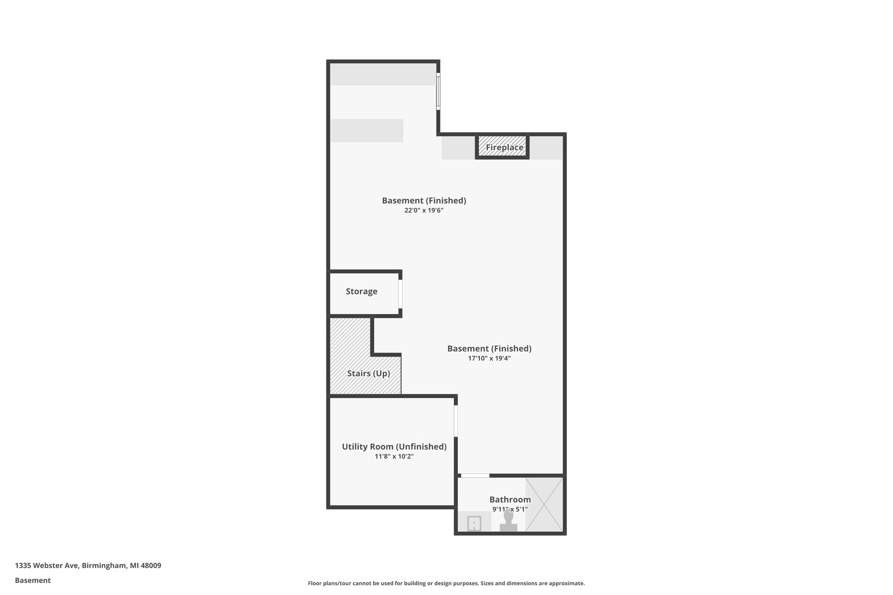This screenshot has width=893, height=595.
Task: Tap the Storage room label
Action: coord(361,292)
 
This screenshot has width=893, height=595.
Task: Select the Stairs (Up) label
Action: coord(368,374)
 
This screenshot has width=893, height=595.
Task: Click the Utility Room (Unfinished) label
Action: coord(394,447)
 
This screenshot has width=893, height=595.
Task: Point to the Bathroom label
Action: coord(510,500)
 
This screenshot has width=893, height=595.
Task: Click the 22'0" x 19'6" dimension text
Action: coord(424,211)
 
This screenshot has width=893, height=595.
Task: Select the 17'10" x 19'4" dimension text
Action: coord(489,359)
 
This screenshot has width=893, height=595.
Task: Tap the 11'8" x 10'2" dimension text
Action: coord(394,457)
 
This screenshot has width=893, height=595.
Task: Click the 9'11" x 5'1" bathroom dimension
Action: coord(510,509)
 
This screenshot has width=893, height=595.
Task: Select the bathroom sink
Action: coord(474,523)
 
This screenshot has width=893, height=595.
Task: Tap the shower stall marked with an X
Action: coord(544,504)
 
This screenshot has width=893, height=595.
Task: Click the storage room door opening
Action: coord(400,294)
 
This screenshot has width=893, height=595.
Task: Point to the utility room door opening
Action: coord(456,421)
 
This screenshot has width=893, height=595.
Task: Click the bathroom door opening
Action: coord(475,476)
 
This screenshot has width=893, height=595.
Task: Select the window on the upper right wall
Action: coord(438,91)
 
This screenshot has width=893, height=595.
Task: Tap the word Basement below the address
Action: coord(33,581)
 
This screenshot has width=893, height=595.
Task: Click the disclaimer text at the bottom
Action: coord(446,583)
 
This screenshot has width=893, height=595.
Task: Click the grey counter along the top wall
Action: coord(382,74)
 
